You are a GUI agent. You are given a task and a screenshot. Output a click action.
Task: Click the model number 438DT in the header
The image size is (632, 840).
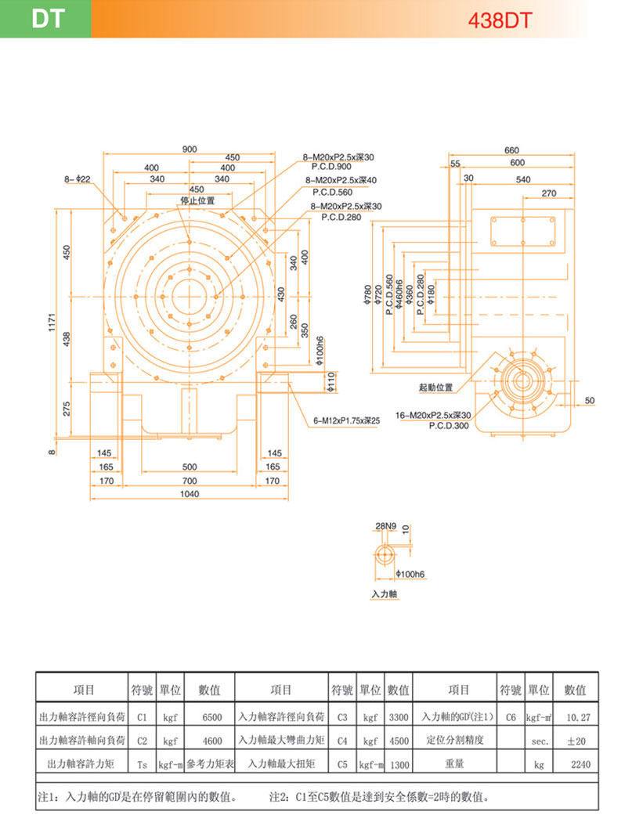click(499, 20)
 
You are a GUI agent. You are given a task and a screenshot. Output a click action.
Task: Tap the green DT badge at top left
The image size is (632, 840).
click(45, 19)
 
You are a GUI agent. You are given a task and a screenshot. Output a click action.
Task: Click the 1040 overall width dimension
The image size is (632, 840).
click(190, 494)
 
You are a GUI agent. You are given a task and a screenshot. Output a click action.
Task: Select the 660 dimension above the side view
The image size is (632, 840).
click(512, 150)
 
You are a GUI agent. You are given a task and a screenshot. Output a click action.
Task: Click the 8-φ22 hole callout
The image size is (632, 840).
click(78, 179)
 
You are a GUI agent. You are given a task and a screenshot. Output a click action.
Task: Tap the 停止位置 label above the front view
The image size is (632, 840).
click(197, 200)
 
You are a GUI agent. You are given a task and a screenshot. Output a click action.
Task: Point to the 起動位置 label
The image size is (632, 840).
click(436, 388)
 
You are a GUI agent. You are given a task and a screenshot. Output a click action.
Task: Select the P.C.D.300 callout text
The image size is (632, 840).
click(449, 426)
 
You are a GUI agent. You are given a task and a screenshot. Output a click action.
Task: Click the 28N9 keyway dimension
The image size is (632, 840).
click(386, 525)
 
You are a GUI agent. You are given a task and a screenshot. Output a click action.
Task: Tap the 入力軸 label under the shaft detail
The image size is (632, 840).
click(385, 595)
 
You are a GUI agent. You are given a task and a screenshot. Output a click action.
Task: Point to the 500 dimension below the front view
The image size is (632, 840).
click(190, 467)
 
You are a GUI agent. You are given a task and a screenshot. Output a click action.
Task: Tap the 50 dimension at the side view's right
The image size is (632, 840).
click(589, 401)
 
